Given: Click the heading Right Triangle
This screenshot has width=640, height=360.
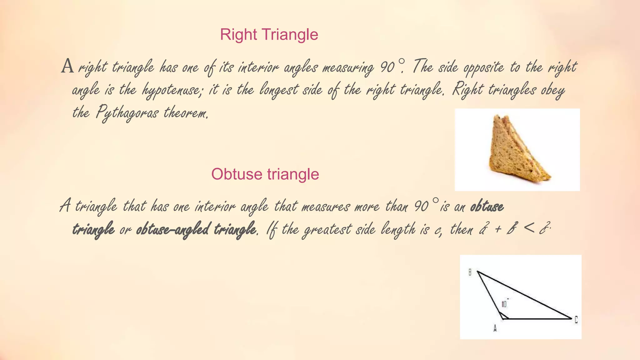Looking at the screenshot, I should (x=269, y=34).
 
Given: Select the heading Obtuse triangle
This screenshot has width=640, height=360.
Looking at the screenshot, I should (x=265, y=174).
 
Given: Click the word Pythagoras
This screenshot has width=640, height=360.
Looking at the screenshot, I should (x=127, y=112).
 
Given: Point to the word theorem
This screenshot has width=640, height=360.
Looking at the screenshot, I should (x=186, y=112).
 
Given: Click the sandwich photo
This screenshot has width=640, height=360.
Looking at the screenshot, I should (x=517, y=149).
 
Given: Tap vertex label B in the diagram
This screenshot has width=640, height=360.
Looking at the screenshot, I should (x=470, y=272).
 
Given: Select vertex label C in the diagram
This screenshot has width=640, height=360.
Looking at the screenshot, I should (x=576, y=320).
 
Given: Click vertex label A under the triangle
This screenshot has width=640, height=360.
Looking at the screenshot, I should (x=495, y=328).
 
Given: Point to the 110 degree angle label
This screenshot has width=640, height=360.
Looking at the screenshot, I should (x=504, y=304).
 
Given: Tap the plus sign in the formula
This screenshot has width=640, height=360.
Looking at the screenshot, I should (x=498, y=230).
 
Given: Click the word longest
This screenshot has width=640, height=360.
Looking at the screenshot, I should (x=279, y=90).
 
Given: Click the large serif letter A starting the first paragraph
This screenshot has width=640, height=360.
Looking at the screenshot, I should (x=67, y=66).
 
